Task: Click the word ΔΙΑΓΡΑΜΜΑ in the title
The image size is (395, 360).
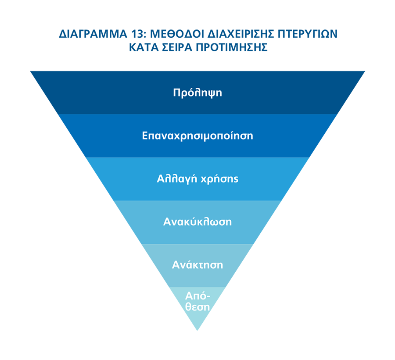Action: point(93,34)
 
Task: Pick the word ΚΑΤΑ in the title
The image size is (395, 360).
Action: point(144,47)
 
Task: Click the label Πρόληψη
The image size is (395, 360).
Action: point(197,93)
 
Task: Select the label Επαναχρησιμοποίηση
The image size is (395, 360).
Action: point(197,136)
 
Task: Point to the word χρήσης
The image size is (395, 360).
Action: point(219,179)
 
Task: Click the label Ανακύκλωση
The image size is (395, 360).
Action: point(197,222)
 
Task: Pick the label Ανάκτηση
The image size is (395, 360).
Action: point(197,265)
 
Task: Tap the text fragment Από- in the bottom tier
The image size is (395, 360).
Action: point(197,296)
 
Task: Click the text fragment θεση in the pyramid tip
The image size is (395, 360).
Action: point(197,307)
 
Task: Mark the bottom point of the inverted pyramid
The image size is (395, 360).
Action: point(197,330)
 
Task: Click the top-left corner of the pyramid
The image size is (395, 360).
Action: point(30,71)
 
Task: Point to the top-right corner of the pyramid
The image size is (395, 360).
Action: point(365,71)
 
